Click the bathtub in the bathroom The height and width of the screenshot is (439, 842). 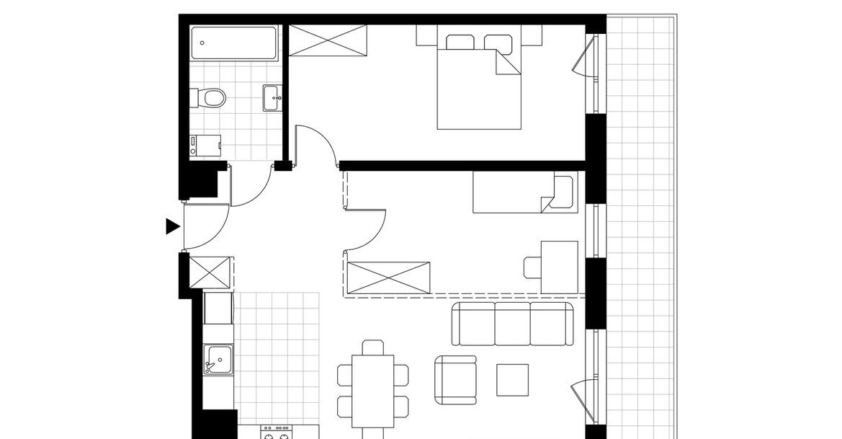pos(235,45)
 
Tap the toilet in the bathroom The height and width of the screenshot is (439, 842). pos(210,97)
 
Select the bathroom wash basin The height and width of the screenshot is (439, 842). pos(272,98)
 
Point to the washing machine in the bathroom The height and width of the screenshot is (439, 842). pos(205,146)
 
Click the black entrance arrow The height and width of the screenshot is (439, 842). pos(172,226)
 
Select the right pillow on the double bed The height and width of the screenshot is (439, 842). pos(498,43)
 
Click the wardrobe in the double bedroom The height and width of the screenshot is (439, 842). pos(328,40)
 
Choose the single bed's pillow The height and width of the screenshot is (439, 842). pos(562,192)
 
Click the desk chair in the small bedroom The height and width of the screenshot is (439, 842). pos(532,267)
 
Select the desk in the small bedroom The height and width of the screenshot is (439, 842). pos(560,267)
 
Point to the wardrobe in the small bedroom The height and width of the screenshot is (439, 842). pos(388,278)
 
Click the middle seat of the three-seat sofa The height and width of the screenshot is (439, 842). pos(512,324)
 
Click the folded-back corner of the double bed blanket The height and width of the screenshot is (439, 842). pos(506,64)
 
